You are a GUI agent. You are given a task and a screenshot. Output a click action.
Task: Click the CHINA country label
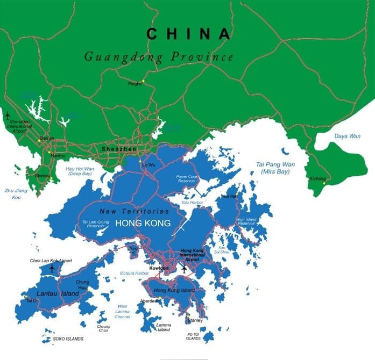[x=188, y=34]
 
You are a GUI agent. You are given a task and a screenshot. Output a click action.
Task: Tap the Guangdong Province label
[x=159, y=56]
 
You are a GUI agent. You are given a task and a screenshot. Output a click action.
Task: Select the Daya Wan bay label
[x=347, y=136]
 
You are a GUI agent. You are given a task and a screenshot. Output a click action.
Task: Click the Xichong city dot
[x=324, y=183]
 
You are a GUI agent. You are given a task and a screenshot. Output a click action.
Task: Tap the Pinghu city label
[x=135, y=84]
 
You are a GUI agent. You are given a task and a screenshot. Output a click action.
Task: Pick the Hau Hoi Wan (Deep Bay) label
[x=80, y=171]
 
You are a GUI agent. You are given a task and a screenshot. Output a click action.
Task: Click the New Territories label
[x=135, y=212]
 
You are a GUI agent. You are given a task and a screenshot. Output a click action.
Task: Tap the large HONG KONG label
[x=143, y=223]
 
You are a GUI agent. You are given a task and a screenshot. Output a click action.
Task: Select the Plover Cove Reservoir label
[x=187, y=179]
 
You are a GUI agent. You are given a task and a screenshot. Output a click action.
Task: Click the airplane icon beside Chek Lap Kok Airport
[x=52, y=268]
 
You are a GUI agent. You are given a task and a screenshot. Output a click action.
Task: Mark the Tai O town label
[x=32, y=300]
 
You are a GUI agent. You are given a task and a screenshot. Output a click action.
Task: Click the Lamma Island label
[x=163, y=327]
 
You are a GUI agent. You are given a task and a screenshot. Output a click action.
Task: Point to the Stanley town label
[x=196, y=320]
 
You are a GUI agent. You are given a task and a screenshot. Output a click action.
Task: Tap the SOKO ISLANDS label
[x=68, y=339]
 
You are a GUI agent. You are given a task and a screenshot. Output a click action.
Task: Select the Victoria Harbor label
[x=134, y=273]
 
